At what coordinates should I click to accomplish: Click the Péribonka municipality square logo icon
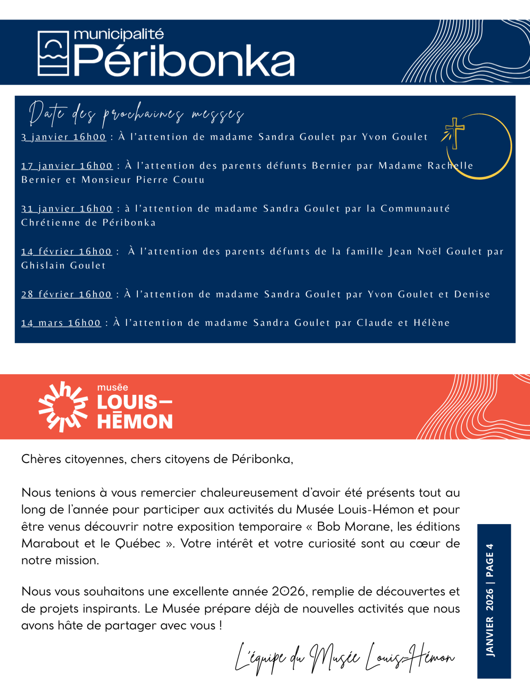[x=53, y=53]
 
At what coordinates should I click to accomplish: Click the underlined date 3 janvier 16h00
[x=64, y=137]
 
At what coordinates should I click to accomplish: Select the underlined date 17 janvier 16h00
[x=67, y=166]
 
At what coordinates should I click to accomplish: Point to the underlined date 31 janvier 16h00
[x=67, y=209]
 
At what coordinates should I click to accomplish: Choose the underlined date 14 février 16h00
[x=66, y=252]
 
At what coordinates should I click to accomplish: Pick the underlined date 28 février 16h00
[x=66, y=294]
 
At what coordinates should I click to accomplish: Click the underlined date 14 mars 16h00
[x=61, y=323]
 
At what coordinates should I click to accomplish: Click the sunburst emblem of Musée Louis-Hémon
[x=63, y=407]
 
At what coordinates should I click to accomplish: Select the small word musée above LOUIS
[x=113, y=387]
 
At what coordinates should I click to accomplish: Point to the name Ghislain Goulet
[x=64, y=265]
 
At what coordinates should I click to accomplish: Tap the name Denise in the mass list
[x=472, y=294]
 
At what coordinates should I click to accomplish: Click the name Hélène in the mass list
[x=431, y=323]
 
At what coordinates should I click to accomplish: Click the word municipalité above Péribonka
[x=119, y=35]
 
